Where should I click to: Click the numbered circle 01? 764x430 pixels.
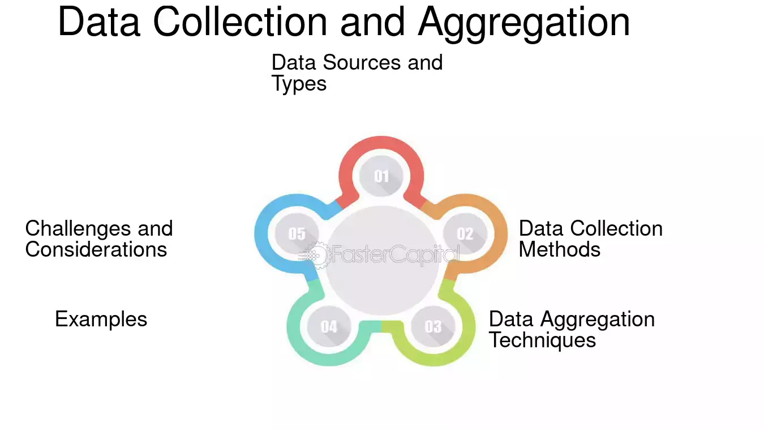381,176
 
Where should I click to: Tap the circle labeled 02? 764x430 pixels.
465,233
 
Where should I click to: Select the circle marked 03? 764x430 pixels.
433,326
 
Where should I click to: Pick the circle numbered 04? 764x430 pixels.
329,326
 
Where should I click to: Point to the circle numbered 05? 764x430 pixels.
297,233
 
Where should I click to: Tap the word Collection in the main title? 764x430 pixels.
240,22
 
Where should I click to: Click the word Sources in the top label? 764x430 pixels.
362,62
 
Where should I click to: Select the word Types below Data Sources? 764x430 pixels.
299,84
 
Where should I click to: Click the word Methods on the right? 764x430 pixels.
559,249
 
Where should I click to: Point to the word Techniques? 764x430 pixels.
542,340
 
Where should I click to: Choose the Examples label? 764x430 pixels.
101,320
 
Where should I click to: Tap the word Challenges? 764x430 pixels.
78,229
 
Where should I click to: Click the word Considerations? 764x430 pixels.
96,249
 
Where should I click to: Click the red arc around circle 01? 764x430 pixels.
381,143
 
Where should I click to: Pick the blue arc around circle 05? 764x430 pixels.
261,233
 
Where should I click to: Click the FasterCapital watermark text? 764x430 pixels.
395,254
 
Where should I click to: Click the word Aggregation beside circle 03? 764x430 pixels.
598,320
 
